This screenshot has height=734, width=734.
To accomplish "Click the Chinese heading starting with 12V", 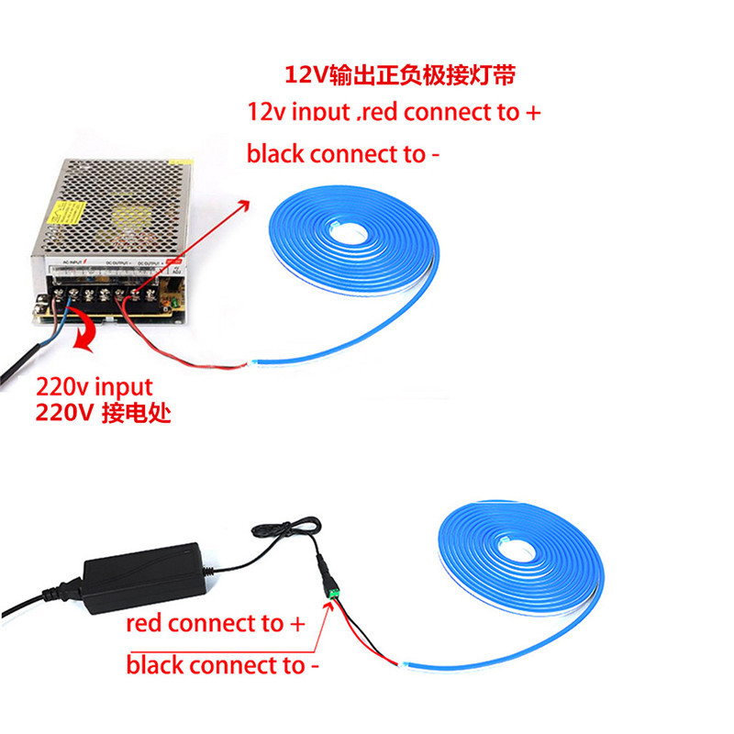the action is click(x=405, y=72).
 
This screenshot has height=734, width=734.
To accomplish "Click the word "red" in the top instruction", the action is click(x=378, y=113).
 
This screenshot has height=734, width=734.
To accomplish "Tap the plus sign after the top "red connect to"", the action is click(x=532, y=113).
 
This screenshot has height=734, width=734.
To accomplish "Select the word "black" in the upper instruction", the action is click(x=275, y=153).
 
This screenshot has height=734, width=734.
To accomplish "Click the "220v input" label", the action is click(x=94, y=388).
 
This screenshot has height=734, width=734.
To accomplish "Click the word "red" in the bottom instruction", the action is click(x=145, y=625).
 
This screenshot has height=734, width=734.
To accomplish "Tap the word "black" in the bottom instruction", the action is click(x=154, y=664).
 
